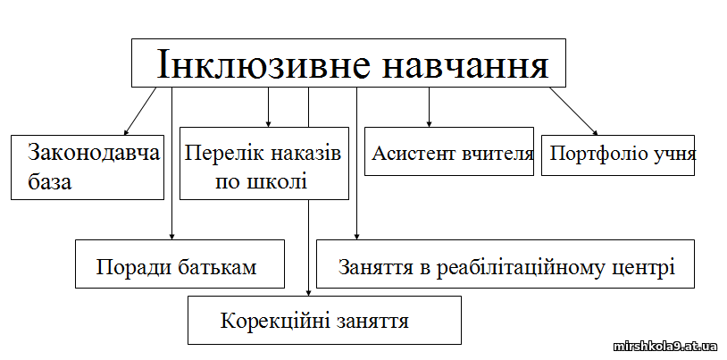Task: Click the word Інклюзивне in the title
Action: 263,64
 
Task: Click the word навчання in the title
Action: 465,64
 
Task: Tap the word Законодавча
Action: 94,152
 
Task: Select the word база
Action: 50,182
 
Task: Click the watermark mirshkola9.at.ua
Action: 664,346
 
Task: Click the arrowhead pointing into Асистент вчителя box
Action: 429,123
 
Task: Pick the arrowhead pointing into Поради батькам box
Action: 172,236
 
